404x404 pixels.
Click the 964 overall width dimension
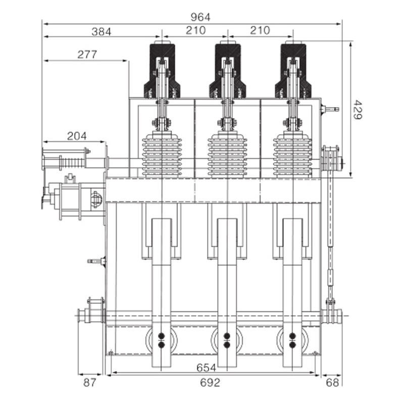pos(200,17)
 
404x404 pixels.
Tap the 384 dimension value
pos(102,32)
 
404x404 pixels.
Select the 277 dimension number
pos(87,55)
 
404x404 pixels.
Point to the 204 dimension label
pos(77,136)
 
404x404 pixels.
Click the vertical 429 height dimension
pos(358,110)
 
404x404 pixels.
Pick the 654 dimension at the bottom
pos(206,368)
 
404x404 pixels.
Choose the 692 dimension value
pos(210,383)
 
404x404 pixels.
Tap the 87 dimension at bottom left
pos(90,383)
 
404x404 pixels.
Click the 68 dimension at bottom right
pos(332,383)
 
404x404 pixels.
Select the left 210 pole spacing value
pos(196,30)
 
